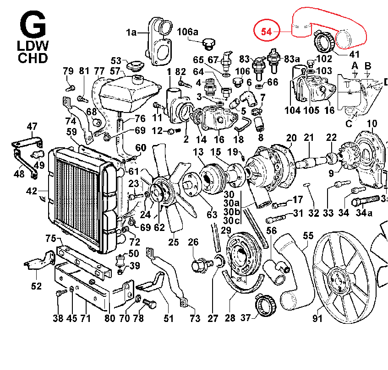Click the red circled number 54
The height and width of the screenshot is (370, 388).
tap(267, 32)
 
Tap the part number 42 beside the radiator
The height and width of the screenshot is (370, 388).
tap(32, 192)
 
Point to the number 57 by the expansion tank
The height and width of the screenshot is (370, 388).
tap(115, 72)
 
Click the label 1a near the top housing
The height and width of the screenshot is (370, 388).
tap(132, 32)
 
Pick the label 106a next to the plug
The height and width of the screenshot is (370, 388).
tap(187, 32)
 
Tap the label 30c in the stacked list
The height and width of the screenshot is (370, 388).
tap(231, 221)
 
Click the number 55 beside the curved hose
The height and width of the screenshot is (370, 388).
tap(308, 236)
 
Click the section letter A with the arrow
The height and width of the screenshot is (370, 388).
tap(354, 66)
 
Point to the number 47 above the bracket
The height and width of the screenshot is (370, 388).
tap(32, 127)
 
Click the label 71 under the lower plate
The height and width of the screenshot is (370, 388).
tap(86, 318)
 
